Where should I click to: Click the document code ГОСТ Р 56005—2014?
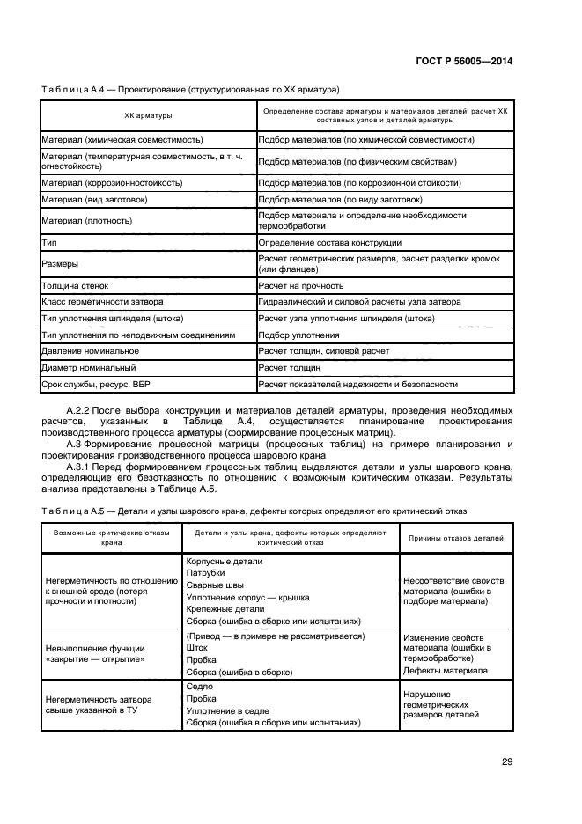pyautogui.click(x=465, y=61)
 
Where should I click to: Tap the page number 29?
pyautogui.click(x=506, y=761)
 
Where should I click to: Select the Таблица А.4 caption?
pyautogui.click(x=190, y=90)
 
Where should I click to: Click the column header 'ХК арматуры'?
pyautogui.click(x=147, y=116)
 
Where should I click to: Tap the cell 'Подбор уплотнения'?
pyautogui.click(x=298, y=335)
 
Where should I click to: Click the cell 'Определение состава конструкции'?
pyautogui.click(x=330, y=242)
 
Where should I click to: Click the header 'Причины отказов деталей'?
pyautogui.click(x=453, y=537)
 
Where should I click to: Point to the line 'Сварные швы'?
pyautogui.click(x=212, y=585)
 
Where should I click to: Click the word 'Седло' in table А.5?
pyautogui.click(x=199, y=686)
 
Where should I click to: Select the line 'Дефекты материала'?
pyautogui.click(x=445, y=670)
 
